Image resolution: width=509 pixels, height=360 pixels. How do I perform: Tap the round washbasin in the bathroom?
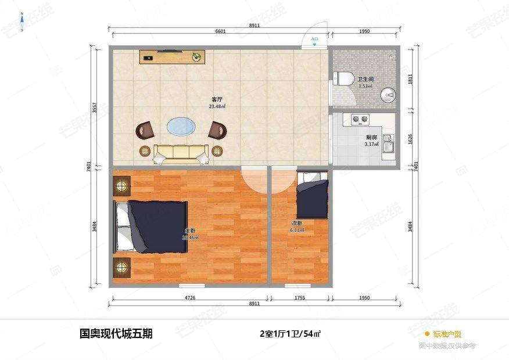coord(388,94)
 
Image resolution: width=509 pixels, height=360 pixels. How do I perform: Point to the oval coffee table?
coord(181,127)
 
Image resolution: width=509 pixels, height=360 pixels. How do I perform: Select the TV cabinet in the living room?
coord(173,56)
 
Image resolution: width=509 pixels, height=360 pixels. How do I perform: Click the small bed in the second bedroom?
coord(312,195)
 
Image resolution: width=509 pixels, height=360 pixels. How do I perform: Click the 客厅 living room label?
coord(217,99)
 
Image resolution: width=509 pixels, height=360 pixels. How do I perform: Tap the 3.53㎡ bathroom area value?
coord(365,87)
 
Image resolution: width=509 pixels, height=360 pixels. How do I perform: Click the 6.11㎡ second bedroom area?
coord(297,230)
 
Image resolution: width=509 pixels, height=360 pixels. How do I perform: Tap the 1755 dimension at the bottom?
coord(299,298)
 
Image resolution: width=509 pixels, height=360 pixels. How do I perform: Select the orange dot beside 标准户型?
coord(427,334)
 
